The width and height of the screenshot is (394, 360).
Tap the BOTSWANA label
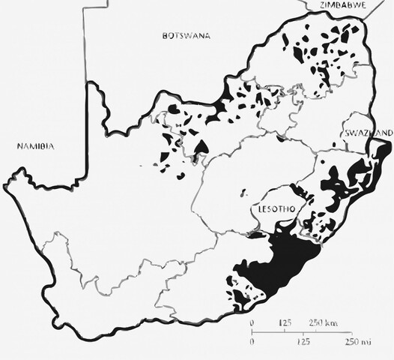(x=186, y=35)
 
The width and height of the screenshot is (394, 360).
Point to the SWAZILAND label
(x=368, y=133)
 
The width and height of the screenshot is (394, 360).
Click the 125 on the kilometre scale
(x=285, y=322)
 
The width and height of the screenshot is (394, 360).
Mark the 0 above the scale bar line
(x=252, y=322)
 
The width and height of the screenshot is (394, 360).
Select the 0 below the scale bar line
(x=252, y=341)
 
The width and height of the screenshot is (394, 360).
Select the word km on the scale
(x=333, y=322)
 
